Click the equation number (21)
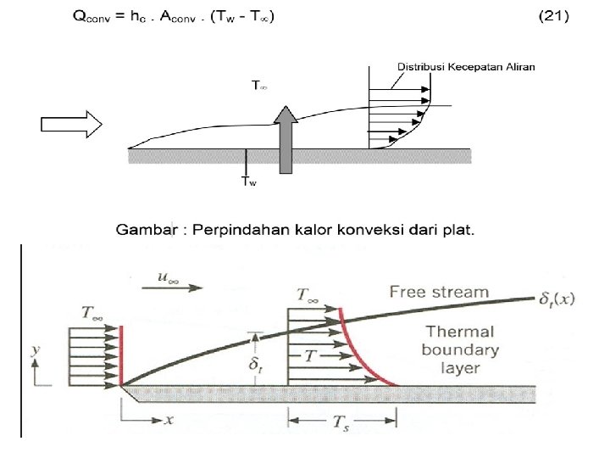[x=553, y=16]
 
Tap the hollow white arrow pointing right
[x=71, y=125]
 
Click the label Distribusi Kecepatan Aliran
[x=466, y=66]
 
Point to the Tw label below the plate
[x=248, y=181]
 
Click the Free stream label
[x=439, y=293]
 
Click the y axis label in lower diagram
[x=33, y=348]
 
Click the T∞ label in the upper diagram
[x=259, y=86]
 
